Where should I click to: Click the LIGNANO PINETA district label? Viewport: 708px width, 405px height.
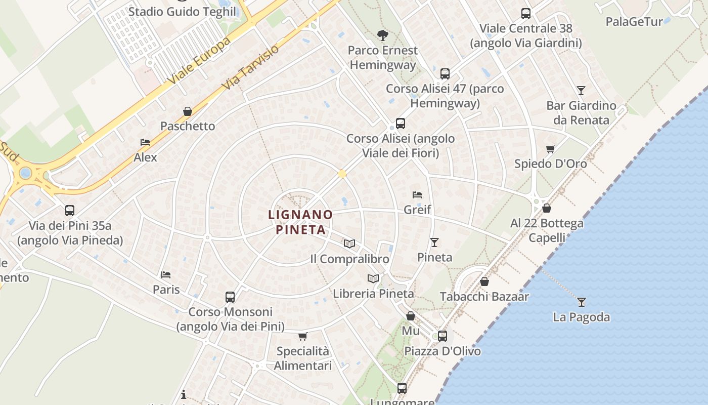point(300,222)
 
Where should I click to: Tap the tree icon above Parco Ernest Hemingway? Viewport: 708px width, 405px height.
point(383,35)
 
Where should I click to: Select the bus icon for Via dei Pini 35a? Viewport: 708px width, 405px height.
point(70,211)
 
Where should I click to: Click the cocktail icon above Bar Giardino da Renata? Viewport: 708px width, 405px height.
point(581,91)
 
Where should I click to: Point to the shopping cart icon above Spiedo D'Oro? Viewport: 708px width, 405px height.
point(550,149)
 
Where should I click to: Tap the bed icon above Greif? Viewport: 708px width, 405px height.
point(417,194)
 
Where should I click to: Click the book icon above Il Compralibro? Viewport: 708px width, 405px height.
point(349,244)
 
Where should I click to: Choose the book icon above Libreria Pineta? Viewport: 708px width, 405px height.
point(373,278)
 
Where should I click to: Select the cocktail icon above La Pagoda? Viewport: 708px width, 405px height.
point(582,302)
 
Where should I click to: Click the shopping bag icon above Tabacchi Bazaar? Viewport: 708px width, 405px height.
point(484,281)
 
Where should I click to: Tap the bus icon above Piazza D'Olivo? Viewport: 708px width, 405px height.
point(442,336)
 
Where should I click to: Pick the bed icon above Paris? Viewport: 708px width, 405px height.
point(166,274)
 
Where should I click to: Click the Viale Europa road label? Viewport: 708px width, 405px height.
point(200,61)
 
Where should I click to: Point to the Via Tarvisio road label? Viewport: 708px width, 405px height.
point(251,68)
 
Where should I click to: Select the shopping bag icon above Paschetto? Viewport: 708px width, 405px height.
point(188,111)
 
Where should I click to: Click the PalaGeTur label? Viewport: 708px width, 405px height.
point(634,22)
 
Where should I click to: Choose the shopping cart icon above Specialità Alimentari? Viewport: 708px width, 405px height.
point(302,336)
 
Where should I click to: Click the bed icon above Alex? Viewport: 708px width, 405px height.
point(145,142)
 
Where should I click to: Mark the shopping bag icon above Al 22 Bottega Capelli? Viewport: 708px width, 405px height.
point(547,208)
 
